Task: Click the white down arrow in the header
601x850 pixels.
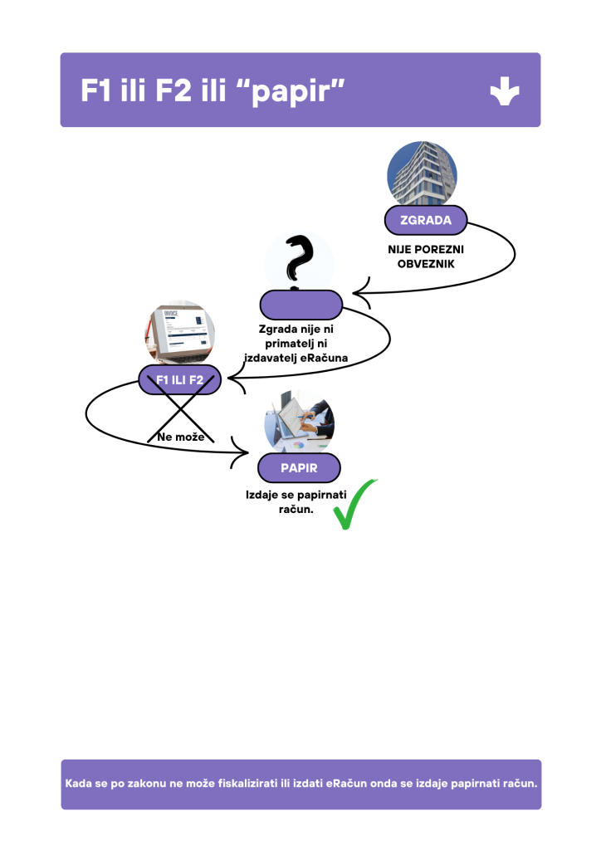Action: pyautogui.click(x=505, y=90)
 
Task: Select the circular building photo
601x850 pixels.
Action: pyautogui.click(x=422, y=175)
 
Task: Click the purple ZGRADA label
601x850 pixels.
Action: pyautogui.click(x=426, y=221)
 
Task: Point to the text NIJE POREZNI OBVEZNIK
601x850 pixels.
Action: pyautogui.click(x=426, y=256)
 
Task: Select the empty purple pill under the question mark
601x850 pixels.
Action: pyautogui.click(x=300, y=305)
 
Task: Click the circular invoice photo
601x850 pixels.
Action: pyautogui.click(x=179, y=335)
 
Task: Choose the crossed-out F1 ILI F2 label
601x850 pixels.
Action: pyautogui.click(x=179, y=380)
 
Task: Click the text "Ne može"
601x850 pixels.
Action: pyautogui.click(x=180, y=437)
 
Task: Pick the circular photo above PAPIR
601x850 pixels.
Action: pyautogui.click(x=299, y=423)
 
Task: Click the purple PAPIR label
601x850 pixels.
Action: pyautogui.click(x=299, y=468)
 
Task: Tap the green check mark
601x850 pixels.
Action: pyautogui.click(x=354, y=505)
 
